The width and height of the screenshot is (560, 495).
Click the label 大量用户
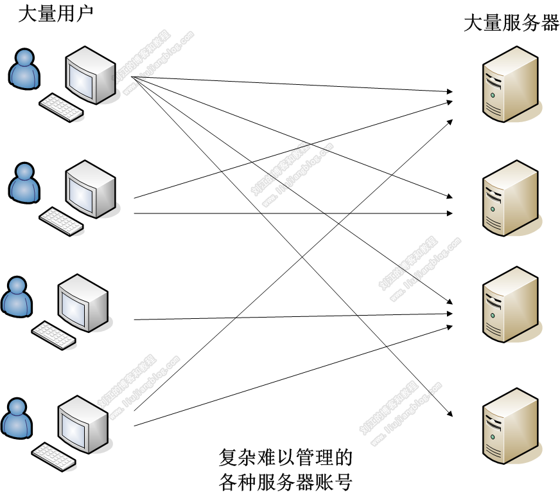pos(55,14)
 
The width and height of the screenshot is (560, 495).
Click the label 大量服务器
pos(511,24)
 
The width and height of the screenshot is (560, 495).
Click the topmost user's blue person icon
pos(24,69)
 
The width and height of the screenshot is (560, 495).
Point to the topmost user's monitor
pos(90,76)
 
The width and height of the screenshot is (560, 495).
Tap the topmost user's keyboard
pos(61,107)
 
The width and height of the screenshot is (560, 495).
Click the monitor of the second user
pos(90,189)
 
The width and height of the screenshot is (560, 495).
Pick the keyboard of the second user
pos(61,221)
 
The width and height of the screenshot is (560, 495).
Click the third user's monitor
pos(83,303)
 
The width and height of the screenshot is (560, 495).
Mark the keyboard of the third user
pos(54,335)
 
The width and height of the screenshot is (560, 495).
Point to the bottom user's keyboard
pos(54,456)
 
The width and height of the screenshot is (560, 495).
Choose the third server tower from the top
pos(509,305)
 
